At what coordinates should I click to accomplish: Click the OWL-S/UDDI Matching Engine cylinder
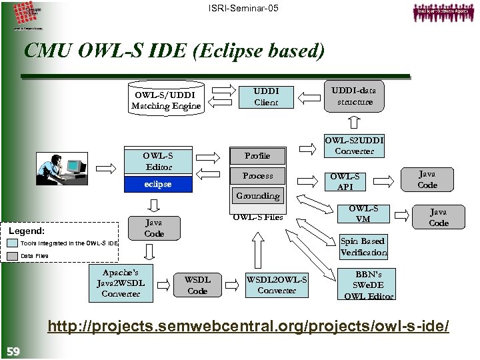166,100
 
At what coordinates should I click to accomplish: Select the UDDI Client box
266,97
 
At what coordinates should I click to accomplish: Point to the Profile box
257,155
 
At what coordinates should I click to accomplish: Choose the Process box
257,176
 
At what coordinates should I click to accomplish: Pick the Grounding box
257,196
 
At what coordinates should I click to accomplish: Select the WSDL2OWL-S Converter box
277,285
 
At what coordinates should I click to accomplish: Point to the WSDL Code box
197,285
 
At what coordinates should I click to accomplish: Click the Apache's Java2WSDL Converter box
121,283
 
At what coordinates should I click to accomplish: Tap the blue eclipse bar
158,184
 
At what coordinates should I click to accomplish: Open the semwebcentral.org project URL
247,327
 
